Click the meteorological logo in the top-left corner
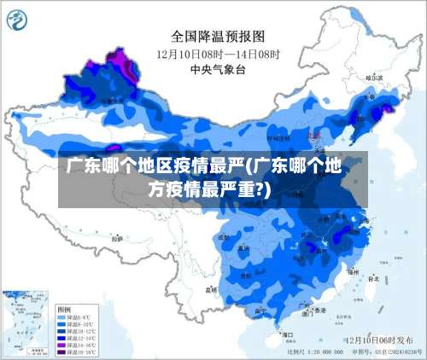pyautogui.click(x=19, y=19)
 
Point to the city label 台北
pyautogui.click(x=373, y=278)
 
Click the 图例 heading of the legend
pyautogui.click(x=64, y=308)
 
